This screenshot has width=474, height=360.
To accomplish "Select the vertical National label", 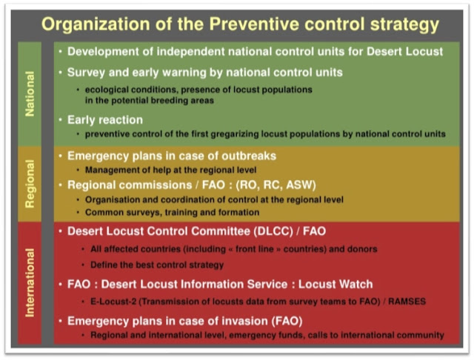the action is pos(30,94).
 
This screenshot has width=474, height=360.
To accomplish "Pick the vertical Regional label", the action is pos(30,184).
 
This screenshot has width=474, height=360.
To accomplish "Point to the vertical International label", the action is pos(30,283).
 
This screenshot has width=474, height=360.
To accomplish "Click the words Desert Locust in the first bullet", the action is pos(405,51).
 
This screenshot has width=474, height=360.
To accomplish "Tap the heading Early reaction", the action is pos(105,120).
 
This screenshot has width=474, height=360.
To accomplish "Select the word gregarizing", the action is pos(235,134).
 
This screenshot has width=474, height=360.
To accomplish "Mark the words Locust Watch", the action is pos(336,284).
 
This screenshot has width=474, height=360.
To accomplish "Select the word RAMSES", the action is pos(407,301).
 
